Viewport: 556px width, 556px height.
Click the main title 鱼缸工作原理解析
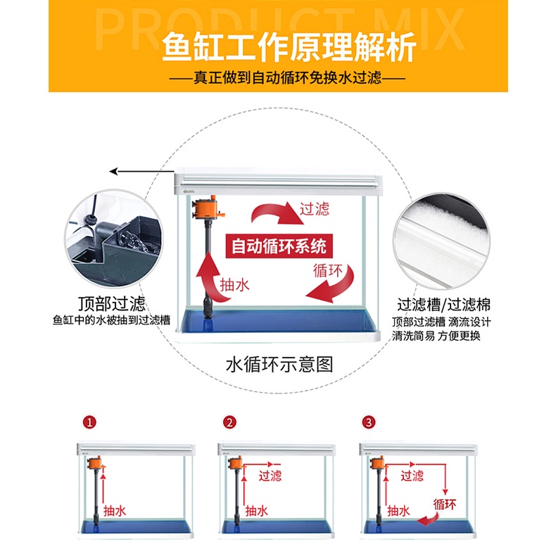(289, 48)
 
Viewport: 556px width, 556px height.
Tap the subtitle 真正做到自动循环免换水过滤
(287, 77)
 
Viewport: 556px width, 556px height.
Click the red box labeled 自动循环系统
(279, 246)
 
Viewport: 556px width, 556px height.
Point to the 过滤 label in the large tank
(315, 209)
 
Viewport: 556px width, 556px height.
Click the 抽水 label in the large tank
(234, 285)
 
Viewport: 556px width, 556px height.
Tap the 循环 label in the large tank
(328, 271)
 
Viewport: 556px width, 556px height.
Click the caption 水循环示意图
(279, 365)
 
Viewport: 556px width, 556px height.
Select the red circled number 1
(89, 422)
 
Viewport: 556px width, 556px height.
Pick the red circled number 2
(229, 422)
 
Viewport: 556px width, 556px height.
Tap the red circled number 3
(369, 422)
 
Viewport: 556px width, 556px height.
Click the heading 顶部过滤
(112, 304)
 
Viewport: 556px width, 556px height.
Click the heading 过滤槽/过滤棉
(443, 305)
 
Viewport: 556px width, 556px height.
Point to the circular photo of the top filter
(113, 239)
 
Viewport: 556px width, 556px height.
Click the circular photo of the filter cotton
(441, 241)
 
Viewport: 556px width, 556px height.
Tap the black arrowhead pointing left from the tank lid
(113, 172)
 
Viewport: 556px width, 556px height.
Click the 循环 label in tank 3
(445, 504)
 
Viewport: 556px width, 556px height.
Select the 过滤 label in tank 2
(270, 476)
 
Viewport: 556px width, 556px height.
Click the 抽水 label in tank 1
(115, 511)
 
